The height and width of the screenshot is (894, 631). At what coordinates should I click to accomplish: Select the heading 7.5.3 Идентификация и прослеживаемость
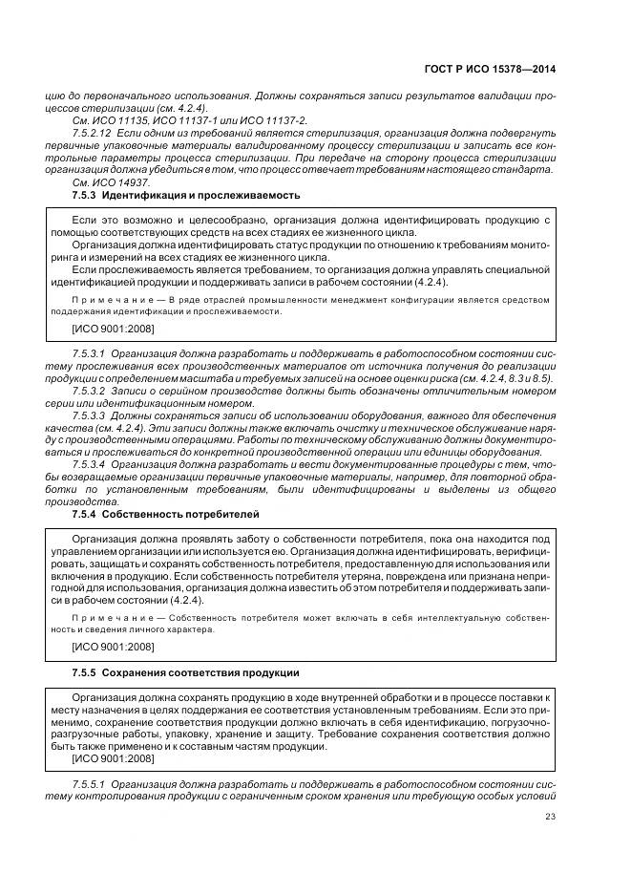point(185,195)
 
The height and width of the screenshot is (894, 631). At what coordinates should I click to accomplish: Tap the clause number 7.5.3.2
point(89,390)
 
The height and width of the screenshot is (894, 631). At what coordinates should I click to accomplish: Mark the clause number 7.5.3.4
point(89,463)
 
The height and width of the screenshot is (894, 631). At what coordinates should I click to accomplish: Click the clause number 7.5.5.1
point(89,782)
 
